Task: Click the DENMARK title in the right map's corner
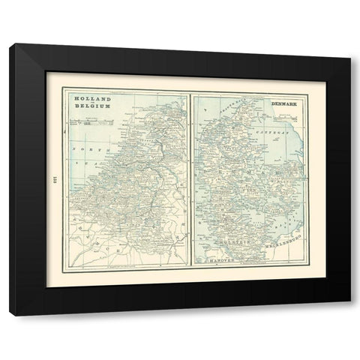[x=280, y=98]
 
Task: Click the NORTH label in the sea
[x=82, y=149]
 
